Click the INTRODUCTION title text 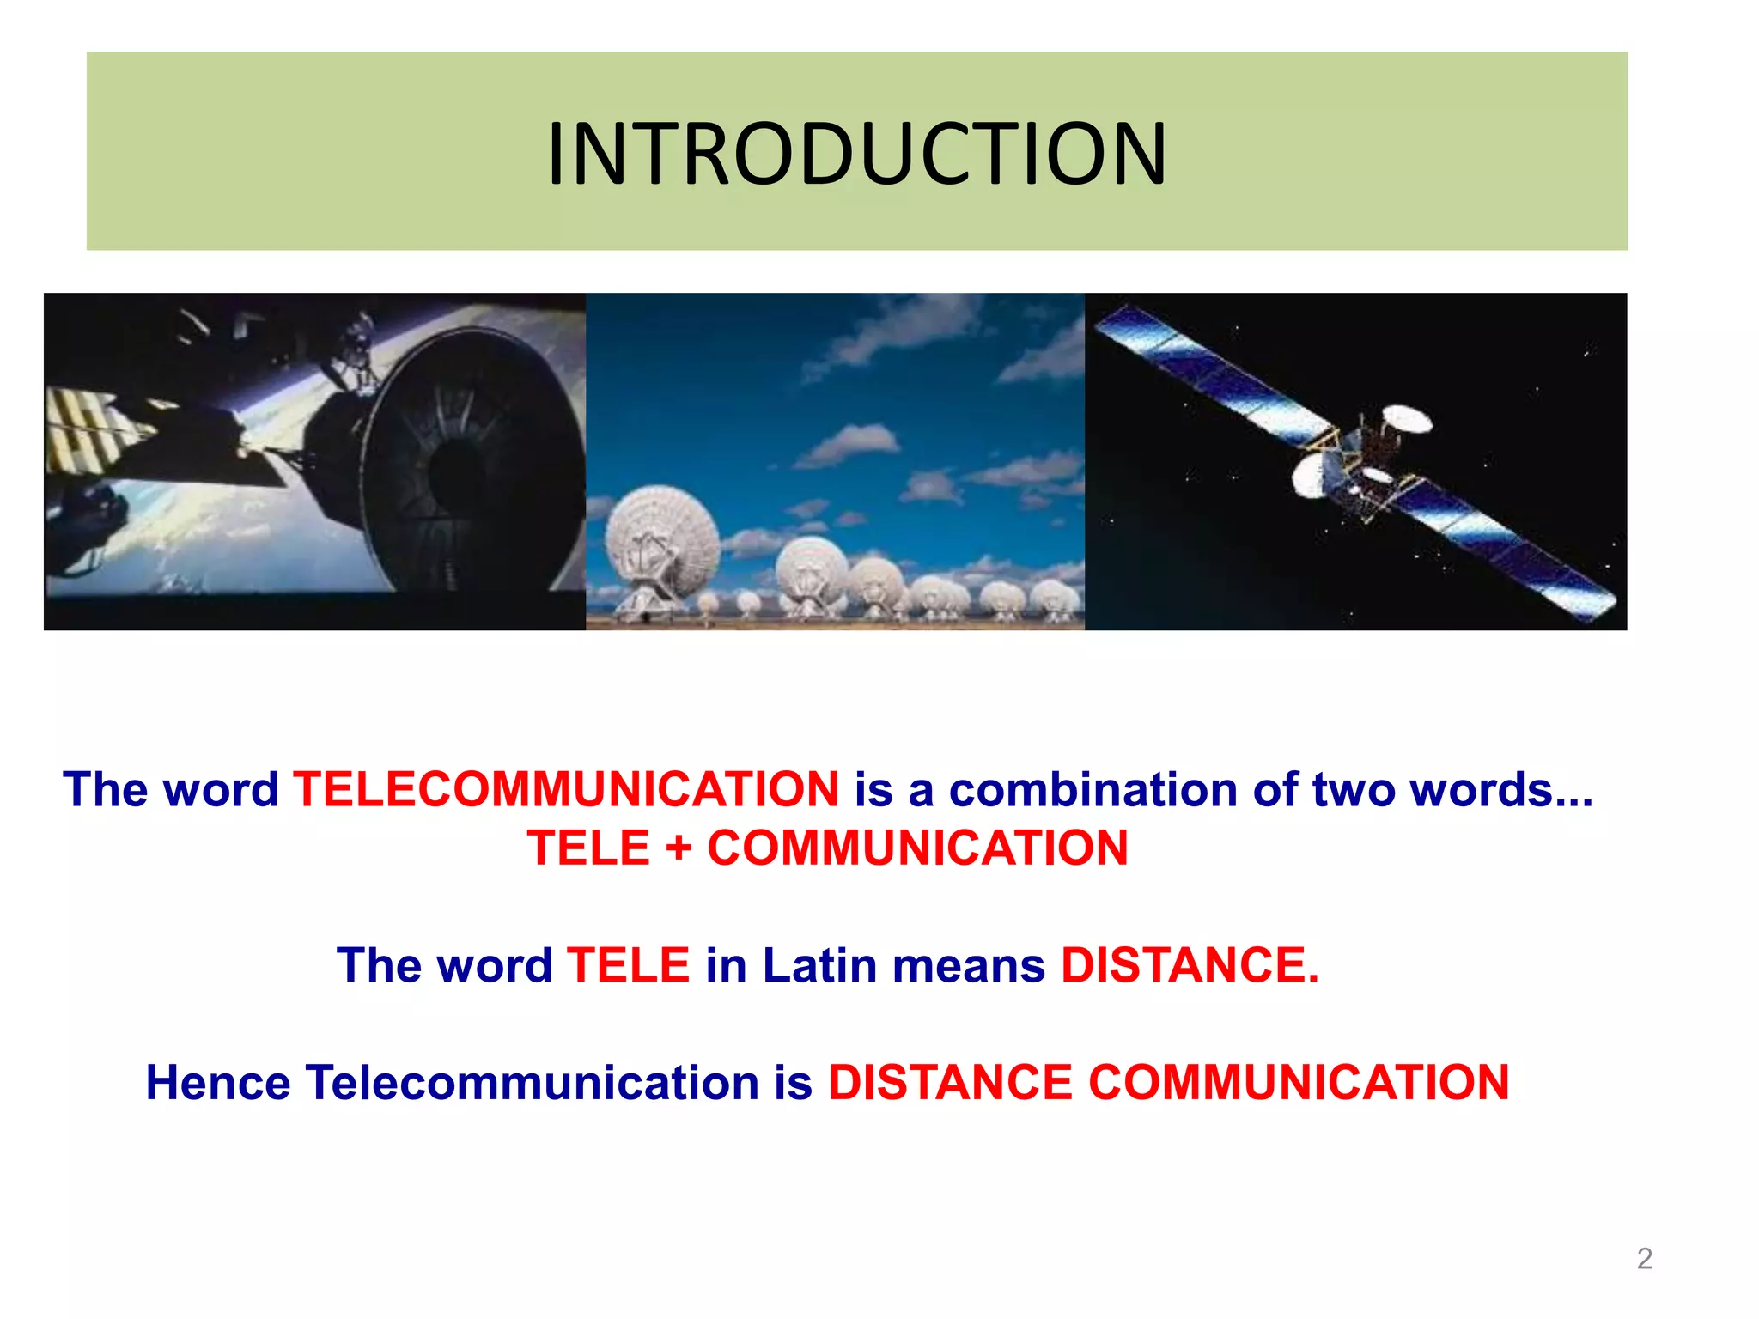[x=856, y=154]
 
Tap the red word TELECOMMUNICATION [x=566, y=789]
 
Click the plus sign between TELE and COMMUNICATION [x=679, y=848]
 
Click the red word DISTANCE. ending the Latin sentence [x=1190, y=965]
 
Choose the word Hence [x=217, y=1082]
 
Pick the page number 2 [x=1644, y=1259]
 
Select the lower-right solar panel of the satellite [x=1512, y=550]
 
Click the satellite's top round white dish [x=1407, y=420]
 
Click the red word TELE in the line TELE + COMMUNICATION [x=589, y=848]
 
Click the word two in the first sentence [x=1354, y=789]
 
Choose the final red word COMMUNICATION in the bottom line [x=1298, y=1082]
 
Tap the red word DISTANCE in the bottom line [x=950, y=1082]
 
